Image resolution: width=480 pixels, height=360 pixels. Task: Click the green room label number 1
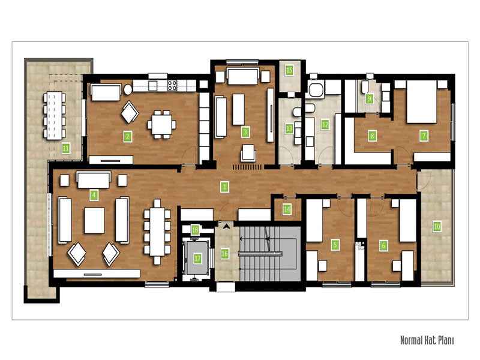pyautogui.click(x=224, y=187)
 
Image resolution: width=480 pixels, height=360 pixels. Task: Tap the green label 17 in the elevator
pyautogui.click(x=197, y=259)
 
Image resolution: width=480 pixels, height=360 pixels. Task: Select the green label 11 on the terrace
pyautogui.click(x=65, y=149)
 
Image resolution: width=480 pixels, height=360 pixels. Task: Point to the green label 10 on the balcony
pyautogui.click(x=437, y=227)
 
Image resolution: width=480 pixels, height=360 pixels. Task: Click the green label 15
pyautogui.click(x=289, y=70)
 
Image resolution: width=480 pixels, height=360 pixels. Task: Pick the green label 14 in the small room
pyautogui.click(x=287, y=209)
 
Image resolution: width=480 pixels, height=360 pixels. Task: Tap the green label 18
pyautogui.click(x=195, y=230)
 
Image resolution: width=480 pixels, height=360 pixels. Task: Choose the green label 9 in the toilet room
pyautogui.click(x=369, y=99)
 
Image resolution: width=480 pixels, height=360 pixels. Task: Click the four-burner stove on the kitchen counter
pyautogui.click(x=172, y=85)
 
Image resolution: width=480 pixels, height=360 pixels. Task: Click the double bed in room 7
pyautogui.click(x=422, y=101)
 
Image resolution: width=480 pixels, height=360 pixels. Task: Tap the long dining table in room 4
pyautogui.click(x=157, y=232)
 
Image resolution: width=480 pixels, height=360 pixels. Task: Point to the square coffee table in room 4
pyautogui.click(x=94, y=220)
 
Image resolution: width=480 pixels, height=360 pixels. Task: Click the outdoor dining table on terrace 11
pyautogui.click(x=55, y=115)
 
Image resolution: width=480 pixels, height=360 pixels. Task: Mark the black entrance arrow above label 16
pyautogui.click(x=226, y=227)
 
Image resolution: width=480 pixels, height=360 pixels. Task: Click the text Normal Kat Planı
pyautogui.click(x=427, y=340)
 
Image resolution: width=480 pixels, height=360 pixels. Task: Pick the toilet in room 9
pyautogui.click(x=365, y=87)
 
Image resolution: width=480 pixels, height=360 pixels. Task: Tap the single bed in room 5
pyautogui.click(x=314, y=220)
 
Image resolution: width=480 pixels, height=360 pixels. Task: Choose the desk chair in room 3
pyautogui.click(x=248, y=153)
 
